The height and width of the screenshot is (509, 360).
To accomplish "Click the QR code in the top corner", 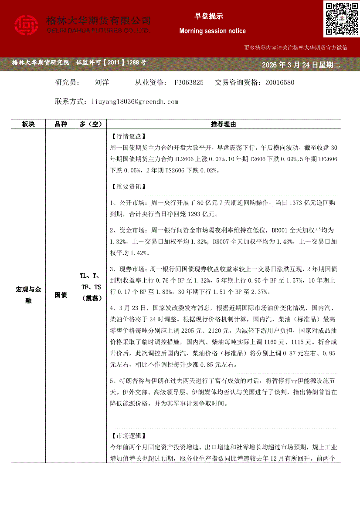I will tap(341, 19).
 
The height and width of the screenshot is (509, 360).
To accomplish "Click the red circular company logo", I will tap(27, 25).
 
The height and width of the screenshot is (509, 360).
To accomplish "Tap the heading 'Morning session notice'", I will tap(212, 31).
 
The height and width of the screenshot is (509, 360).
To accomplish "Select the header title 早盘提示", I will tap(208, 16).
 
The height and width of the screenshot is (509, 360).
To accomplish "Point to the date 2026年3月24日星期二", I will tap(300, 65).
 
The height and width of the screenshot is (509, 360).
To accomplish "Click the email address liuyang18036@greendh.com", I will tap(135, 101).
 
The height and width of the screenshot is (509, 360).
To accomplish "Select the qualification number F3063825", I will tap(189, 82).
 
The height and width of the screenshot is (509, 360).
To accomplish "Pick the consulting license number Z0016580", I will tap(279, 82).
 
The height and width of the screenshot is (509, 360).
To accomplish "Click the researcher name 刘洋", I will tap(102, 82).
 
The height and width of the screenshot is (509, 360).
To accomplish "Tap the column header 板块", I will tap(28, 125).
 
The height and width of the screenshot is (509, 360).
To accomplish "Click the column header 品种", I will tap(61, 125).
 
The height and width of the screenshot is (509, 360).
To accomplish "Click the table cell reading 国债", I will tap(61, 295).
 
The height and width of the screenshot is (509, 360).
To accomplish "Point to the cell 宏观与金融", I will tap(28, 295).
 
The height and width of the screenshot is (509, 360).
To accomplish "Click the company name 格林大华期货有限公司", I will tap(98, 20).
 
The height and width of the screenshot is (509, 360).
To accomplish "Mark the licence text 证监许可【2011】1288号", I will tap(111, 63).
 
